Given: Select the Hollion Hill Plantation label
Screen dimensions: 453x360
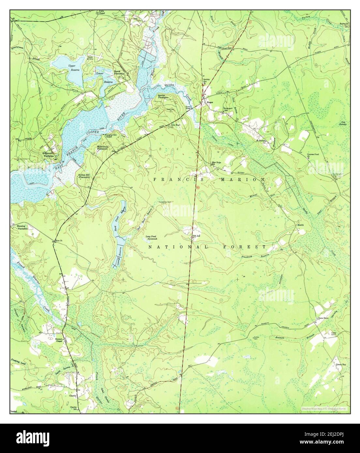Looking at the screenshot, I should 86,176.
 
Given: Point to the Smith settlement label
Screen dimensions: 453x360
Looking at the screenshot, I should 300,225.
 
